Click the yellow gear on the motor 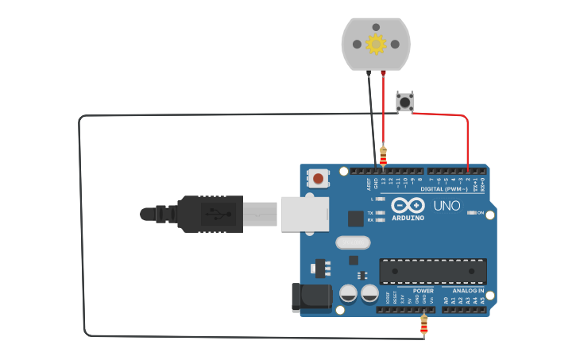pyautogui.click(x=376, y=44)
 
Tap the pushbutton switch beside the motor pyautogui.click(x=405, y=103)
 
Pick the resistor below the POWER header pyautogui.click(x=423, y=324)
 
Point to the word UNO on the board pyautogui.click(x=446, y=206)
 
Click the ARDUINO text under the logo pyautogui.click(x=407, y=218)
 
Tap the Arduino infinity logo pyautogui.click(x=407, y=205)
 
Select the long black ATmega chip pyautogui.click(x=432, y=271)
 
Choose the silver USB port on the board pyautogui.click(x=304, y=214)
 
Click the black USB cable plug pyautogui.click(x=208, y=214)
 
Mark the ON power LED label pyautogui.click(x=480, y=213)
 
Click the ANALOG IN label pyautogui.click(x=469, y=291)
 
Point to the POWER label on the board pyautogui.click(x=423, y=291)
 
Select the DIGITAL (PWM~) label pyautogui.click(x=443, y=189)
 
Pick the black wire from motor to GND pyautogui.click(x=373, y=119)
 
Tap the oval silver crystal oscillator pyautogui.click(x=353, y=242)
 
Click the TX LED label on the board pyautogui.click(x=370, y=213)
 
